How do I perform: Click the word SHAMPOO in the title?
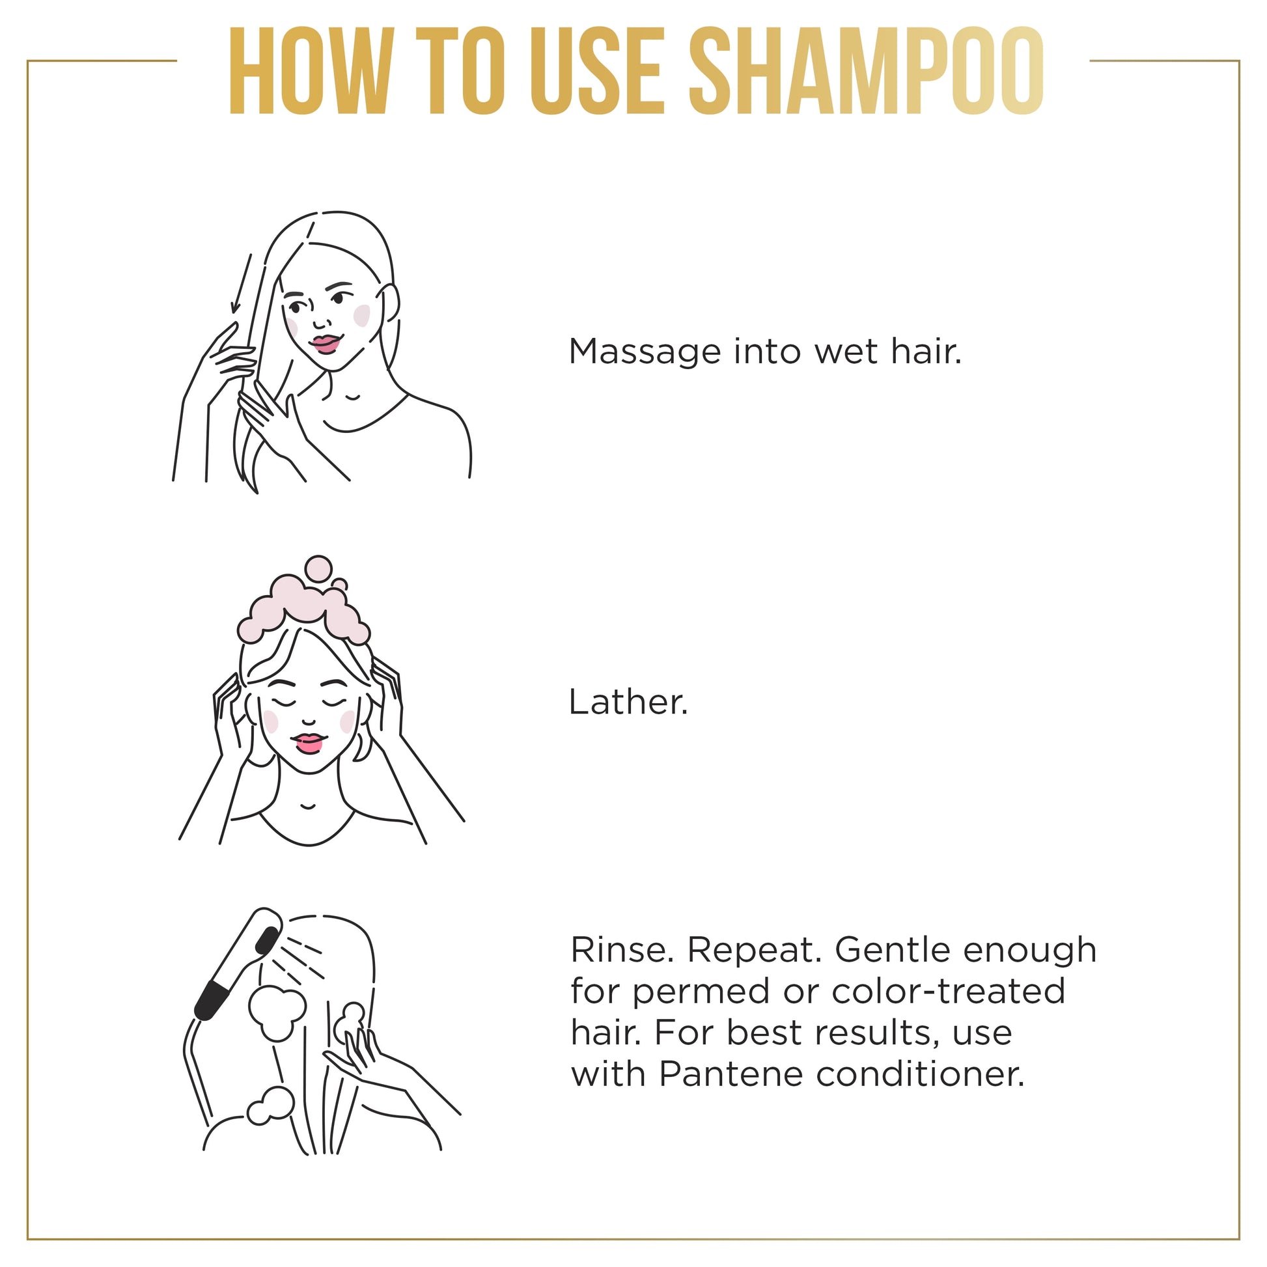click(866, 71)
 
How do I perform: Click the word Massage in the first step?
click(645, 353)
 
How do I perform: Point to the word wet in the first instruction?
click(846, 352)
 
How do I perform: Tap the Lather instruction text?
click(628, 703)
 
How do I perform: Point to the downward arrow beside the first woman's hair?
click(241, 283)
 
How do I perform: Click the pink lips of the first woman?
click(326, 344)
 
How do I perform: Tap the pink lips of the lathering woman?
click(307, 744)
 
